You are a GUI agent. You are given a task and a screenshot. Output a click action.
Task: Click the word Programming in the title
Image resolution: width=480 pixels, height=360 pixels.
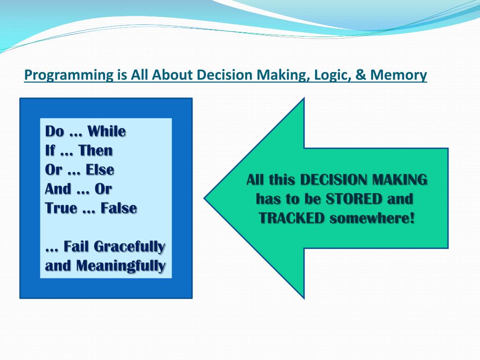69,75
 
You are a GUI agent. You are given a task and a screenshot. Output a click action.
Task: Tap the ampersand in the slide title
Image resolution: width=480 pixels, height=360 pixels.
360,75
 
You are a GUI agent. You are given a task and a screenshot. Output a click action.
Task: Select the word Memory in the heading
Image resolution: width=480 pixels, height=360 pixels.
398,75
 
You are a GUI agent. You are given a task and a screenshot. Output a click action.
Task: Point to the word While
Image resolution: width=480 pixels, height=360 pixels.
106,131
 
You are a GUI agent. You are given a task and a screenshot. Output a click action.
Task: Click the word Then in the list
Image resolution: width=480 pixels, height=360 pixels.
96,150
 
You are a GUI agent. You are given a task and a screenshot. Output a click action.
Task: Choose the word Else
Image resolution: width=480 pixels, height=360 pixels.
100,170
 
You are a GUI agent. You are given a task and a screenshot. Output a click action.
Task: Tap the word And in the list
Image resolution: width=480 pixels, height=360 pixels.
58,189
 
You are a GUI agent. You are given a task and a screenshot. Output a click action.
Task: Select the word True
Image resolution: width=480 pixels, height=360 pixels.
61,208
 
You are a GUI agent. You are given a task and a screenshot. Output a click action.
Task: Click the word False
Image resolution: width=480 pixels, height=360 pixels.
119,208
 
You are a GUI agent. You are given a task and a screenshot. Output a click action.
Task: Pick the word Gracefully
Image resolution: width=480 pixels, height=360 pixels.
129,247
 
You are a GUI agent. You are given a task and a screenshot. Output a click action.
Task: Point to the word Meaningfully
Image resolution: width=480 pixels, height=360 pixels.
121,266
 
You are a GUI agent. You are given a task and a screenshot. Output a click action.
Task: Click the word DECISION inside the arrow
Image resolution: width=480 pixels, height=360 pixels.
333,180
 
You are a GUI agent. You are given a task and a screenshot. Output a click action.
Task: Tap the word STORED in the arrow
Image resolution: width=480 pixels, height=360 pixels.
354,199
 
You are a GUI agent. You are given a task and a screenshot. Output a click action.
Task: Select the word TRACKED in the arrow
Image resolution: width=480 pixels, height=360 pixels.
292,218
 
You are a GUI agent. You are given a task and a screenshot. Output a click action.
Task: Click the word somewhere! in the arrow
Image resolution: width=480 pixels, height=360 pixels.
372,218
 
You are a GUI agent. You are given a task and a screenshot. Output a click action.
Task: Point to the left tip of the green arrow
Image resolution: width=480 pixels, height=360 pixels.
204,198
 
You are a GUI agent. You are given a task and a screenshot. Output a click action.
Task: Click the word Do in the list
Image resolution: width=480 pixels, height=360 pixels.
55,131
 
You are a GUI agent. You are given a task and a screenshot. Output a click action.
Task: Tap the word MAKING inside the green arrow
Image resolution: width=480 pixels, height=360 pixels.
399,180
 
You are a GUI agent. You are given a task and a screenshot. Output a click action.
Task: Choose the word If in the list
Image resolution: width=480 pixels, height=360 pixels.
50,150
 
